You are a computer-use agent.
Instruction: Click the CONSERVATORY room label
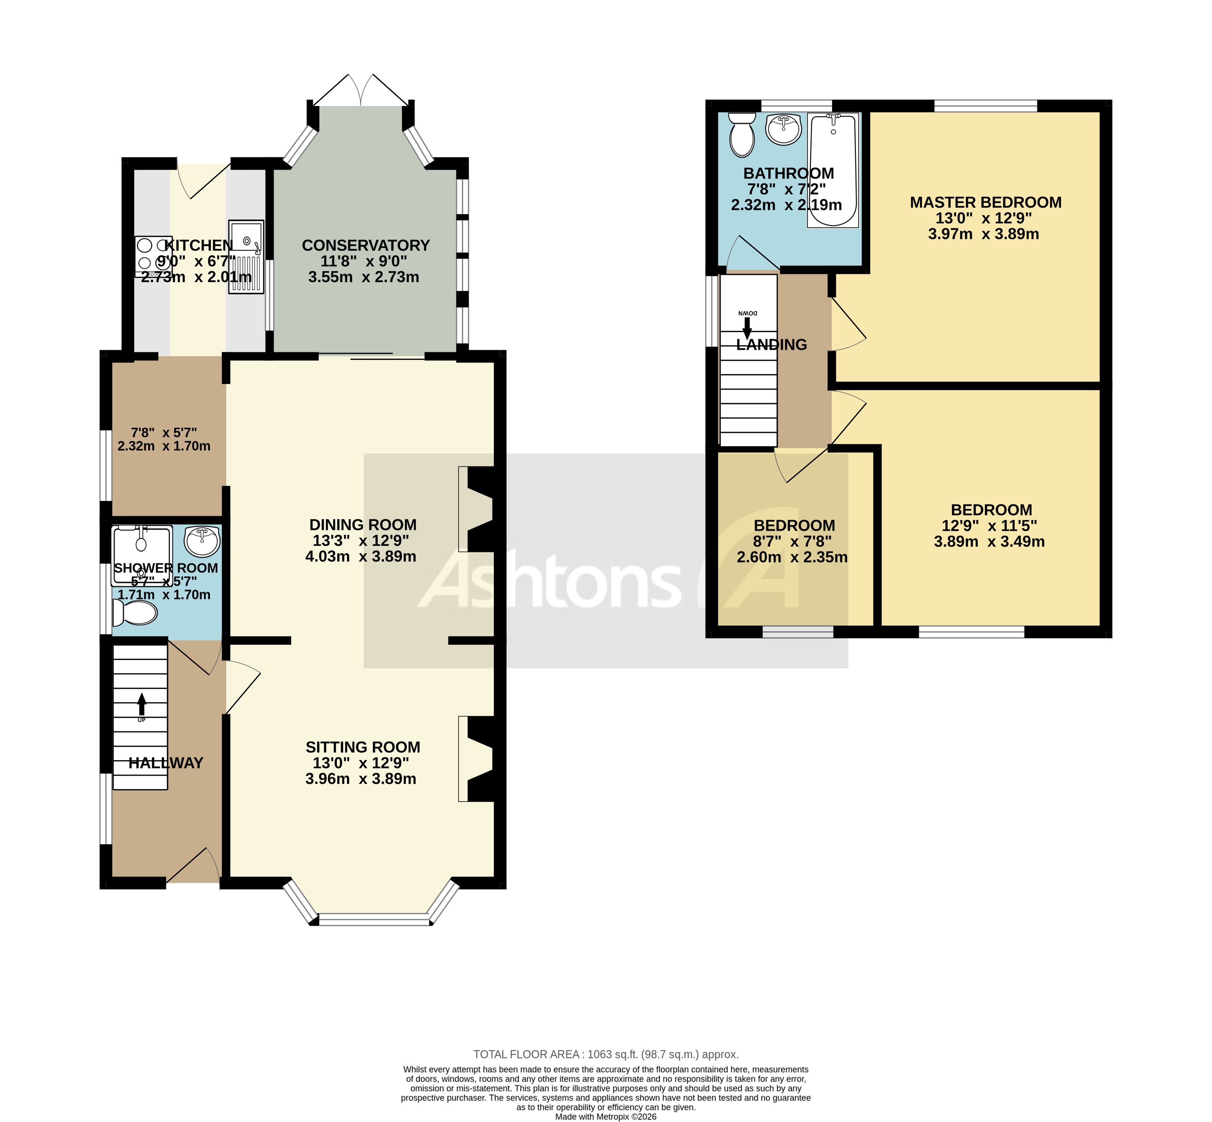[366, 245]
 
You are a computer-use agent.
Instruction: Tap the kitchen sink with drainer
[246, 257]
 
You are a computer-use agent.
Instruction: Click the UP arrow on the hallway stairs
[142, 704]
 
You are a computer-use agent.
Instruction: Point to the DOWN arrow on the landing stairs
[746, 327]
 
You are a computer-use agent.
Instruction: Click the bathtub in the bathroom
[833, 170]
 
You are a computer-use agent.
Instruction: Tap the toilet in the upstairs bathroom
[741, 134]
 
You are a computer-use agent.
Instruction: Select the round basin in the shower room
[202, 540]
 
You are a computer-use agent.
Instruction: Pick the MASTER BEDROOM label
[985, 202]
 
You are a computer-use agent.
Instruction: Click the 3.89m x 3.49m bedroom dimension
[989, 541]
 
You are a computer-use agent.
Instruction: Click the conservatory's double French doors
[361, 91]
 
